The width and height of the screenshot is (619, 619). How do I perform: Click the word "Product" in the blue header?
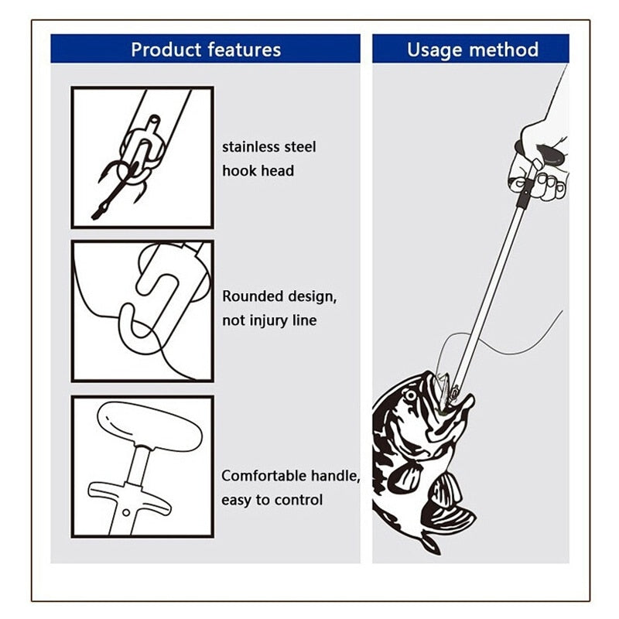coord(166,50)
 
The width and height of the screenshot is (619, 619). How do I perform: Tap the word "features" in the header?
coord(244,50)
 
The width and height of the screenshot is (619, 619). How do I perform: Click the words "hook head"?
coord(258,171)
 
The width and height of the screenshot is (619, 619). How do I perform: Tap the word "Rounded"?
coord(252,296)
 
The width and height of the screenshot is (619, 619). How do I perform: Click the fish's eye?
coord(411,395)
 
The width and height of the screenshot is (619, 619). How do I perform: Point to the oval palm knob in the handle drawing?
coord(149,426)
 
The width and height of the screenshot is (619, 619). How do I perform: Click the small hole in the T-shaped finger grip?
coord(126,513)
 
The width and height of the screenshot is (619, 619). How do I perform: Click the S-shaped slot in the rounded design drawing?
coord(150,304)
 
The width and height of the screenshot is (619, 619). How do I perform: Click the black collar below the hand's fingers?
coord(525,194)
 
